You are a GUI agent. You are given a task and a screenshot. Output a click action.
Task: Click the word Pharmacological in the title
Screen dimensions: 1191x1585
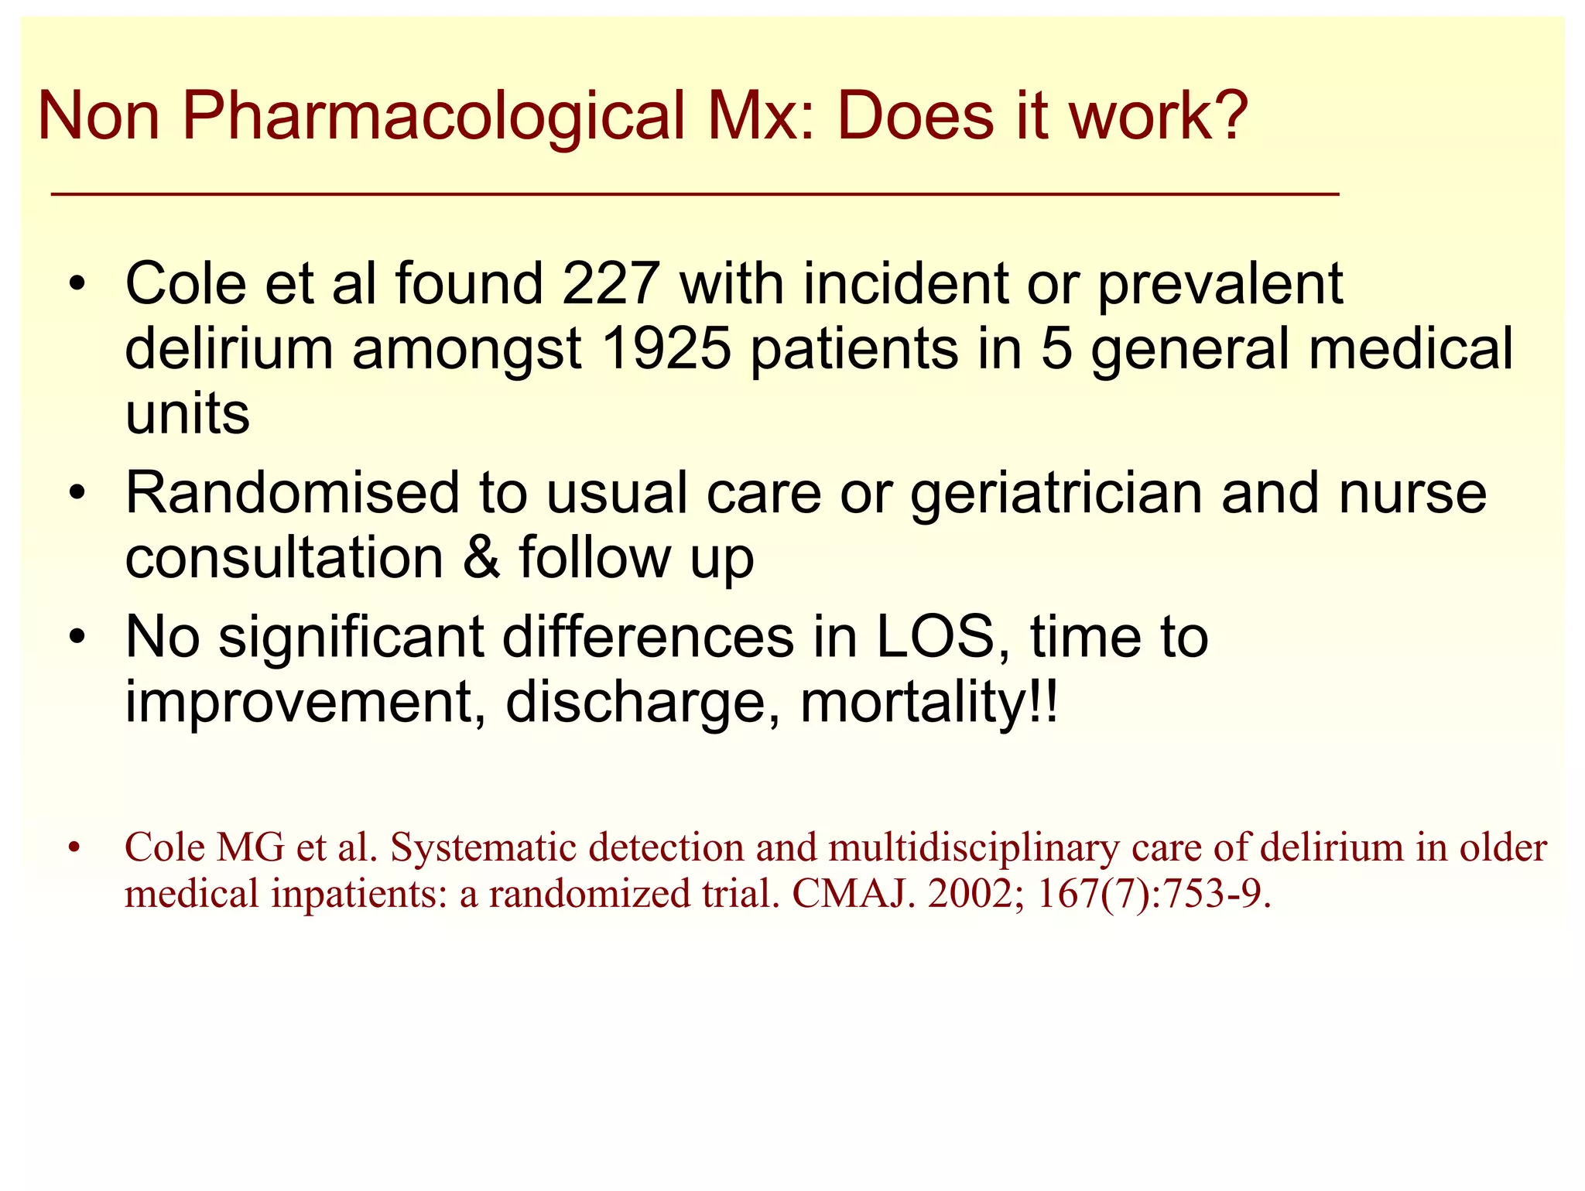coord(433,116)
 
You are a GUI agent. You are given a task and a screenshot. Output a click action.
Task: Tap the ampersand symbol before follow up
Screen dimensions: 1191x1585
coord(481,558)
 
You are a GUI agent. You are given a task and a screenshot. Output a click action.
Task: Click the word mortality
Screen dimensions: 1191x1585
coord(913,703)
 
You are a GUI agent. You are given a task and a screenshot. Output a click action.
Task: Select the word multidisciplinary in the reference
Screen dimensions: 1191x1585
coord(974,848)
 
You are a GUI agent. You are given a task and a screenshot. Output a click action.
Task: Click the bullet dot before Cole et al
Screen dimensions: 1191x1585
coord(76,285)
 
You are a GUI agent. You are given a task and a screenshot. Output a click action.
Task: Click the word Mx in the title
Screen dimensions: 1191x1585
coord(757,116)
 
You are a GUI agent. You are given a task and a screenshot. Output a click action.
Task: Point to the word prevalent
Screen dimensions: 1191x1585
coord(1220,285)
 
